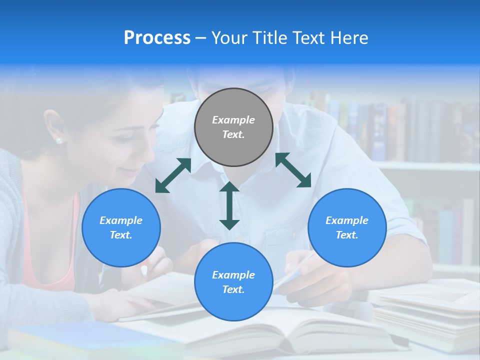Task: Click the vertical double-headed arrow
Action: click(229, 205)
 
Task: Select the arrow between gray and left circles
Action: click(173, 175)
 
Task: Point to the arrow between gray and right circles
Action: click(293, 170)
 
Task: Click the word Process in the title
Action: click(157, 37)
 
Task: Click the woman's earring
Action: click(59, 141)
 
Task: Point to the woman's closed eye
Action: click(125, 140)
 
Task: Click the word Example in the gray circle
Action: click(233, 120)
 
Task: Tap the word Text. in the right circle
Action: click(347, 235)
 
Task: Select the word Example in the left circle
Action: click(121, 220)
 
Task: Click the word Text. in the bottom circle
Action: click(233, 289)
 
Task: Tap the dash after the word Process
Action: click(200, 38)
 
